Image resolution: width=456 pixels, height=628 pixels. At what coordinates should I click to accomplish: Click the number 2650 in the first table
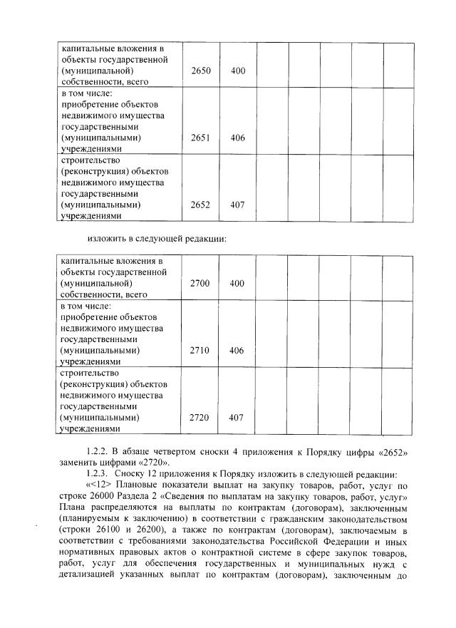(200, 71)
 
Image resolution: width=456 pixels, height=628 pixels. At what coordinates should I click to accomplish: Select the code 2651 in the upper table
(200, 138)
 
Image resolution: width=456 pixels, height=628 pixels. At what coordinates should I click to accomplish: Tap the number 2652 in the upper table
(200, 205)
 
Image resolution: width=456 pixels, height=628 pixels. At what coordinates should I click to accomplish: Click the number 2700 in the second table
(200, 284)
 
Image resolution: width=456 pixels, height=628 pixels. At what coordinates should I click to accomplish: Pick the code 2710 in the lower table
(200, 351)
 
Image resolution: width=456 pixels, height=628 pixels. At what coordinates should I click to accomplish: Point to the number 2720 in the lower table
(200, 417)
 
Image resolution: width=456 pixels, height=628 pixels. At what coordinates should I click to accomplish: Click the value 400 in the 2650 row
(238, 71)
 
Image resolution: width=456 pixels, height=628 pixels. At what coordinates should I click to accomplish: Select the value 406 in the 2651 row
(238, 138)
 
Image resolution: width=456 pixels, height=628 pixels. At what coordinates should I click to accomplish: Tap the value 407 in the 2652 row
(238, 205)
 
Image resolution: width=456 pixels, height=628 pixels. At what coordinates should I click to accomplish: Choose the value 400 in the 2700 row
(238, 284)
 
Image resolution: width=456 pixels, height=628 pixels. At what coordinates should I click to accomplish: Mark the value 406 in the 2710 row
(238, 351)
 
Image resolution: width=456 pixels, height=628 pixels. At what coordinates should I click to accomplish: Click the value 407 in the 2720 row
(238, 417)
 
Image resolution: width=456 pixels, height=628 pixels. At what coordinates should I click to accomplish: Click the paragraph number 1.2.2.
(97, 453)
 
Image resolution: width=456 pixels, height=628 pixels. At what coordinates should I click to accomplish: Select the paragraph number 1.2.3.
(97, 475)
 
